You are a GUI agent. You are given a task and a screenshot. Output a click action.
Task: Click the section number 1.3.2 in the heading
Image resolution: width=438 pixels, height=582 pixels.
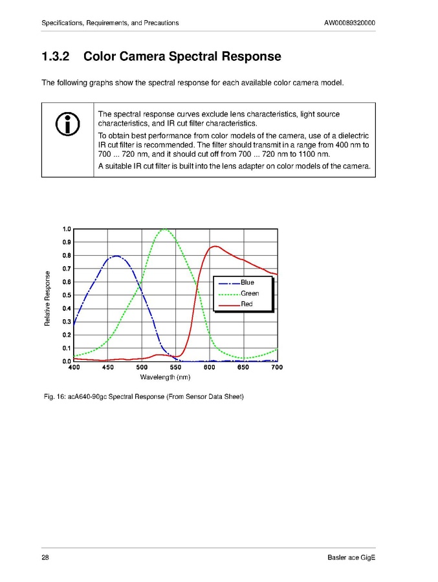[x=55, y=57]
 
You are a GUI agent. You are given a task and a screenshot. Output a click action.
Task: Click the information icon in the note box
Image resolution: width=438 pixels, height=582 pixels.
[x=68, y=124]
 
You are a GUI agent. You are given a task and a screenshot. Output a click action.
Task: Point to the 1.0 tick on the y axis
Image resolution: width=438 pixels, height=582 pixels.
[x=67, y=229]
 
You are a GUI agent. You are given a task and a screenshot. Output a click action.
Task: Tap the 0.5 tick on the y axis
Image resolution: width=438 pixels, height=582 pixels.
[x=67, y=295]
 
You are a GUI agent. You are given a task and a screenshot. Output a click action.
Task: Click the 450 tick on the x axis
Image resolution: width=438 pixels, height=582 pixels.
[x=107, y=368]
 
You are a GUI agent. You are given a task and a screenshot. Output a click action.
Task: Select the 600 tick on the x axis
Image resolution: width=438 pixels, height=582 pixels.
[x=209, y=368]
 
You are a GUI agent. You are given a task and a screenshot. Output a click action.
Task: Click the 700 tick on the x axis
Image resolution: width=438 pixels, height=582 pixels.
[x=277, y=368]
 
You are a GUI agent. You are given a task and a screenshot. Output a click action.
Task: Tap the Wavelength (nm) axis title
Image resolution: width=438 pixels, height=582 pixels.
[x=165, y=377]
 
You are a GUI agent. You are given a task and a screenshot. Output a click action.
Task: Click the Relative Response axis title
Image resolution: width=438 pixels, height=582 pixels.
[x=47, y=298]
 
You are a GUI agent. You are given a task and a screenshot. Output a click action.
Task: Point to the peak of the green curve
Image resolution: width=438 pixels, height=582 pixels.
[x=165, y=229]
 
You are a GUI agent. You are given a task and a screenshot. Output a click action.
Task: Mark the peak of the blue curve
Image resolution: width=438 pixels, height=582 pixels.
[x=115, y=256]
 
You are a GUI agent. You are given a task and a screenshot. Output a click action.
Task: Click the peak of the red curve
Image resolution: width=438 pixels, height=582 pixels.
[x=215, y=246]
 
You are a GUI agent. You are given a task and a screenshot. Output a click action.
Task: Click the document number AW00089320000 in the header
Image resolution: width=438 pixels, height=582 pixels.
[x=349, y=23]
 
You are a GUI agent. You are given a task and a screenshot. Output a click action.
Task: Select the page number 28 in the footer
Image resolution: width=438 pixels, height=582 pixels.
[x=45, y=558]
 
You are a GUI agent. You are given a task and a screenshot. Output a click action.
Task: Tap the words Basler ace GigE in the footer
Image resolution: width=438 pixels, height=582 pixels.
[x=351, y=558]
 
